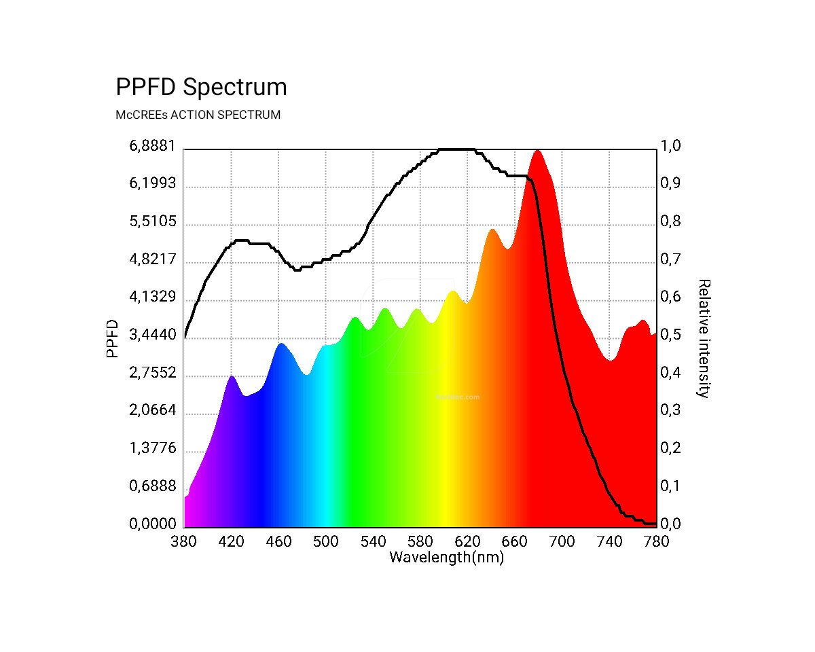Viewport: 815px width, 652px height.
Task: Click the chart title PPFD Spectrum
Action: click(201, 88)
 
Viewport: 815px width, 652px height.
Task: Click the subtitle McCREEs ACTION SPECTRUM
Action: click(198, 115)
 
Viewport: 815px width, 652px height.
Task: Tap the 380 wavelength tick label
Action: click(184, 541)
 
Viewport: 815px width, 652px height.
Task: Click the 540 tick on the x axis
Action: click(373, 541)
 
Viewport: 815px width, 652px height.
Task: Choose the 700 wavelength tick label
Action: click(562, 541)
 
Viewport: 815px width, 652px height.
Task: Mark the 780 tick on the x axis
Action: click(656, 541)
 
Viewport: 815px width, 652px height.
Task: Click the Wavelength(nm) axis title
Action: click(446, 558)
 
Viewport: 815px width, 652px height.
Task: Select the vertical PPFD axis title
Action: click(112, 338)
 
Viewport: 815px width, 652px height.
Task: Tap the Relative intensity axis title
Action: click(704, 338)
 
